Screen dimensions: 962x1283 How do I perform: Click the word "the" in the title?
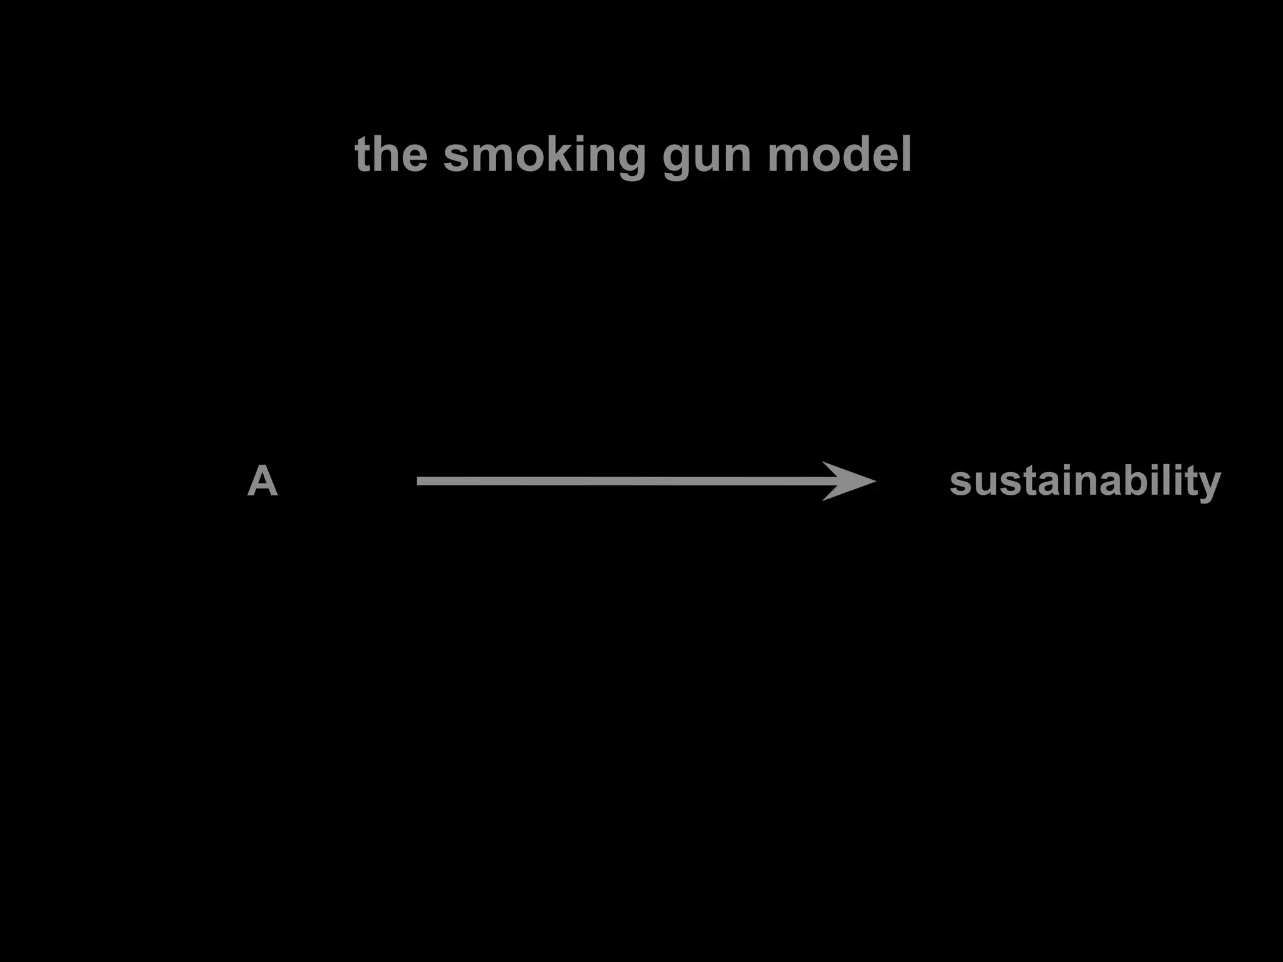point(391,154)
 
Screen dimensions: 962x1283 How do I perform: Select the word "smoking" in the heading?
point(544,155)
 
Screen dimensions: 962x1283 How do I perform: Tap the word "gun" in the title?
point(706,157)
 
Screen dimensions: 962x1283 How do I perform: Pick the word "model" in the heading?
point(839,154)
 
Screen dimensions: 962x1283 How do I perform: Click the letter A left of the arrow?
point(262,481)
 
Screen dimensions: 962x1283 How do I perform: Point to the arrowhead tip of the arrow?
point(875,481)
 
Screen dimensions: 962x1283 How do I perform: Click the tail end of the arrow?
point(418,481)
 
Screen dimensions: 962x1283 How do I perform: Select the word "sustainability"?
point(1085,482)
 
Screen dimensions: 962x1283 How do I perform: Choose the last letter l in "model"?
point(906,154)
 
